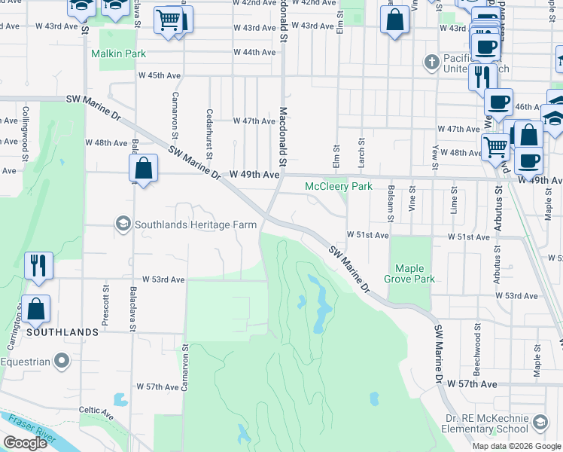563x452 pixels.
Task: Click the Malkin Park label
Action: click(118, 54)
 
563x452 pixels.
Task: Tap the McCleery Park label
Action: click(338, 186)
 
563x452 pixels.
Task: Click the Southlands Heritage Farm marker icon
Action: click(122, 224)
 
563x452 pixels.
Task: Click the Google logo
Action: click(26, 443)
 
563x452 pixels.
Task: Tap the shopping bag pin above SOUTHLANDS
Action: click(36, 309)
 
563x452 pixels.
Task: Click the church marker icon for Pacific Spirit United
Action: click(432, 60)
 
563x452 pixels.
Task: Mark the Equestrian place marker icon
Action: click(64, 362)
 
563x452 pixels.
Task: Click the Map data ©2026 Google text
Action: click(516, 445)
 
